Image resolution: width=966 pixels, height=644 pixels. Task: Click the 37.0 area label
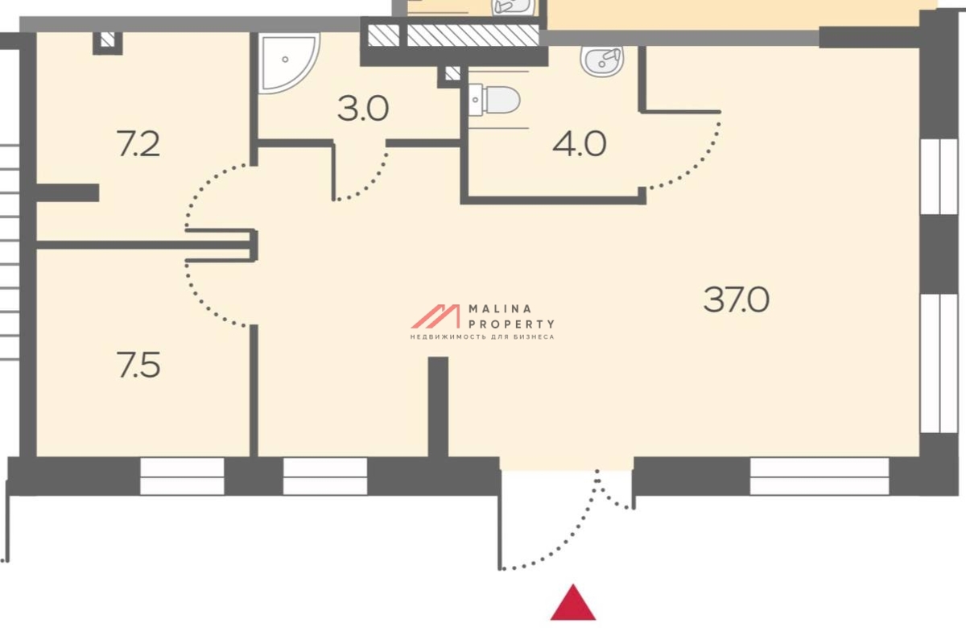(x=736, y=299)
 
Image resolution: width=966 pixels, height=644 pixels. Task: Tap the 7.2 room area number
(x=138, y=144)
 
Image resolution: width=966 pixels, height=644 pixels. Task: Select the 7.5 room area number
(x=138, y=365)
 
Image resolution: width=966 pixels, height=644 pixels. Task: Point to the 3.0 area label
(x=363, y=109)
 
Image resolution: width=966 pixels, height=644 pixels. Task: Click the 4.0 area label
(x=579, y=145)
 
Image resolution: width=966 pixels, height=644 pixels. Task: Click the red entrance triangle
(x=573, y=604)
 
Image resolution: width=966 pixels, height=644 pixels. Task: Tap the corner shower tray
(x=289, y=63)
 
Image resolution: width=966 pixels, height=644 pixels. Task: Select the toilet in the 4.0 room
(x=494, y=100)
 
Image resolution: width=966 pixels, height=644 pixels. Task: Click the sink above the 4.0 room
(x=602, y=62)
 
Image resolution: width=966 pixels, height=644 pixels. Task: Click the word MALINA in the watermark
(x=500, y=309)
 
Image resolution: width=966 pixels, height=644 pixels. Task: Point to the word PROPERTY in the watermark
(x=511, y=324)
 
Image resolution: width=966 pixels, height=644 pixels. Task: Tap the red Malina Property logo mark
(x=436, y=316)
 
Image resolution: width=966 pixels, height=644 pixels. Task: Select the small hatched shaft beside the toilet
(x=452, y=73)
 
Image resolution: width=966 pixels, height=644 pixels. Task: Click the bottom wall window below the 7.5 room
(x=182, y=477)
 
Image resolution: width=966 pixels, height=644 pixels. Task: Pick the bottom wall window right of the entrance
(x=819, y=477)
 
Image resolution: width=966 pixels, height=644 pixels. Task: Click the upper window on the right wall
(x=939, y=176)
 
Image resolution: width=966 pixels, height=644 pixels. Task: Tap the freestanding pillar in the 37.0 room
(x=438, y=407)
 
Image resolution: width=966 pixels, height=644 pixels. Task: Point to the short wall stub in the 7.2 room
(x=68, y=193)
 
